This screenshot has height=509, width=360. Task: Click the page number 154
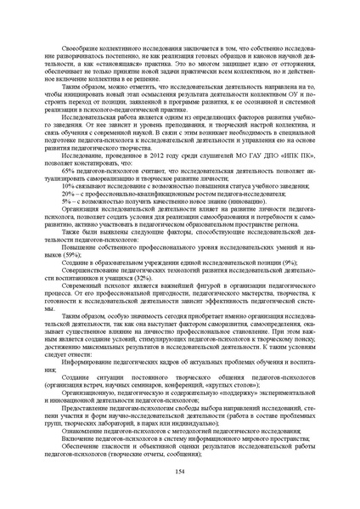point(179,472)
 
